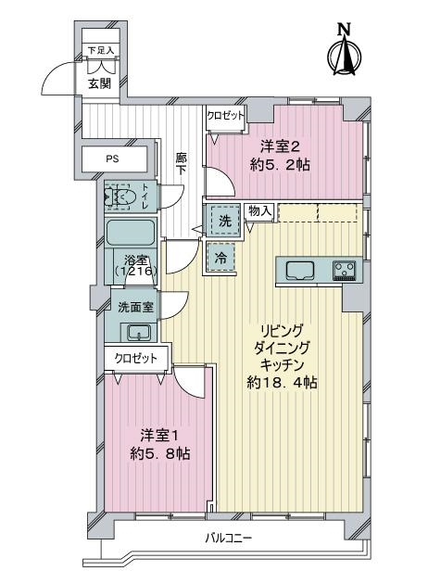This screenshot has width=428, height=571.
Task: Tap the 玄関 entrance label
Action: coord(99,83)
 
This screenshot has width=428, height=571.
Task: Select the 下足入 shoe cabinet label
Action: coord(101,50)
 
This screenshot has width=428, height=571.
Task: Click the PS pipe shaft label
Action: coord(112,159)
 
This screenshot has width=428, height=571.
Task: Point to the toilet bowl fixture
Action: coord(120,197)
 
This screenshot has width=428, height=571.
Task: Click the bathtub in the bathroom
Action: coord(130,233)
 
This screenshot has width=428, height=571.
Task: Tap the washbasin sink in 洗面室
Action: coord(139,332)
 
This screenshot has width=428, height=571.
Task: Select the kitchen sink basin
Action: coord(300,271)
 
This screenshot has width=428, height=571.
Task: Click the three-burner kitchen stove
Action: coord(345,271)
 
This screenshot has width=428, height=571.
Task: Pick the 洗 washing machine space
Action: coord(224,221)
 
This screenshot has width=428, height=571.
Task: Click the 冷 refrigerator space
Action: coord(220,258)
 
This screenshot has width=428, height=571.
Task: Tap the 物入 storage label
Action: coord(259,210)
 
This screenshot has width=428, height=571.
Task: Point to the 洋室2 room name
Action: coord(280,146)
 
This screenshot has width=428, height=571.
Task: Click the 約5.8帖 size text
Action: coord(159,453)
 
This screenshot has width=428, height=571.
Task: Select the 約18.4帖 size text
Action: coord(282,383)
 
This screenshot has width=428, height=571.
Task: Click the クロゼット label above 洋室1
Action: coord(136,359)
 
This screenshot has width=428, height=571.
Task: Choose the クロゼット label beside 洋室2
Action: coord(226,116)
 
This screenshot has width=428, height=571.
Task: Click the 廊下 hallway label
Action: coord(181,163)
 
